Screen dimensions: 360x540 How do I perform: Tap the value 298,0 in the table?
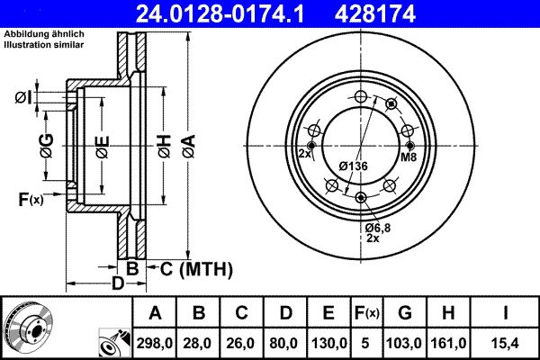pyautogui.click(x=156, y=342)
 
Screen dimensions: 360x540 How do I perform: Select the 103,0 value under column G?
pyautogui.click(x=404, y=342)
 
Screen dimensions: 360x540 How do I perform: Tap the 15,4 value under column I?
pyautogui.click(x=507, y=342)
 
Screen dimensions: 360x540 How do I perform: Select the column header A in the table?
pyautogui.click(x=156, y=313)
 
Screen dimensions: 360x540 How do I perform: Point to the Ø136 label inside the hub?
pyautogui.click(x=354, y=166)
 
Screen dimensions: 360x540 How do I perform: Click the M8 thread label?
pyautogui.click(x=408, y=157)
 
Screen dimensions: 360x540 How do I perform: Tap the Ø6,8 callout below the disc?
pyautogui.click(x=376, y=229)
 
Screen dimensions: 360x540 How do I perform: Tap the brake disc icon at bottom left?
pyautogui.click(x=30, y=325)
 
